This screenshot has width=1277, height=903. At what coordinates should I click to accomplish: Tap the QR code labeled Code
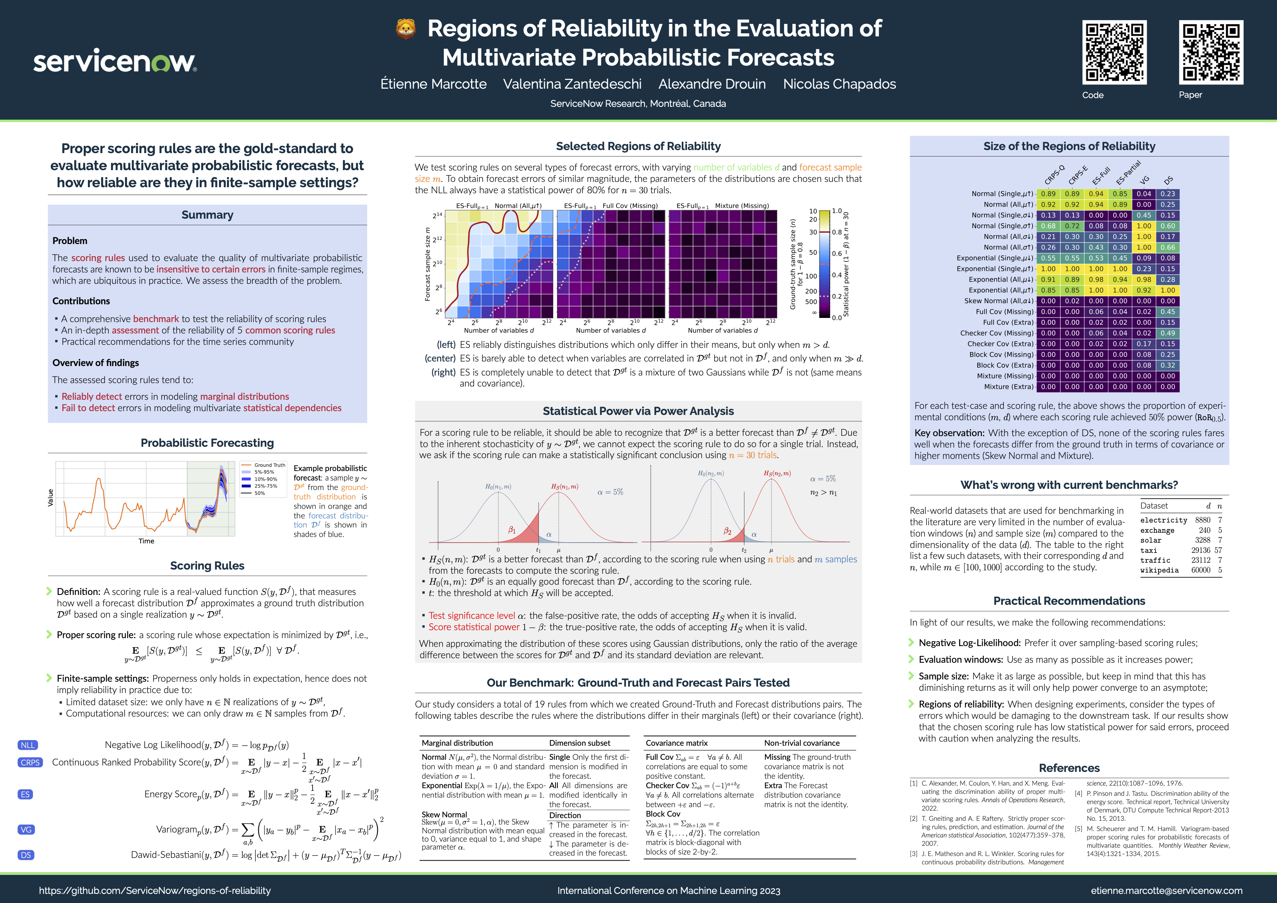pyautogui.click(x=1114, y=52)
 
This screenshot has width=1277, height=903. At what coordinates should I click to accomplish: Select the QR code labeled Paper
pyautogui.click(x=1211, y=52)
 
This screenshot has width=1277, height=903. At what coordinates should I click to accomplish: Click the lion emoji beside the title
pyautogui.click(x=405, y=29)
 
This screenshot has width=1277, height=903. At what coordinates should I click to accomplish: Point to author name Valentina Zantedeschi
pyautogui.click(x=572, y=84)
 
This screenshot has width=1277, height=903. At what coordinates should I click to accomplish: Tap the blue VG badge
pyautogui.click(x=26, y=829)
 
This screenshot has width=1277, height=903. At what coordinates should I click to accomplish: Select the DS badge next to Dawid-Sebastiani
pyautogui.click(x=26, y=854)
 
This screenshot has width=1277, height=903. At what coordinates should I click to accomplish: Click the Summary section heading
pyautogui.click(x=207, y=214)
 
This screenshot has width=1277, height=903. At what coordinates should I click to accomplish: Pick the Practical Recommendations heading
pyautogui.click(x=1069, y=601)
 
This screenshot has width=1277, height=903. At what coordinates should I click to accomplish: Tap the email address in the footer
pyautogui.click(x=1166, y=890)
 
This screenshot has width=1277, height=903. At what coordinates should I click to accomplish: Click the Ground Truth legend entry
pyautogui.click(x=269, y=465)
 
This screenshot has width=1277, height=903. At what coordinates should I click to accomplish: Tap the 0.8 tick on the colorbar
pyautogui.click(x=837, y=232)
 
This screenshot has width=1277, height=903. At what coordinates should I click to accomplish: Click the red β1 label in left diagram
pyautogui.click(x=512, y=530)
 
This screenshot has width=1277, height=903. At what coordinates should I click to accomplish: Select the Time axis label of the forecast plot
pyautogui.click(x=146, y=541)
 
